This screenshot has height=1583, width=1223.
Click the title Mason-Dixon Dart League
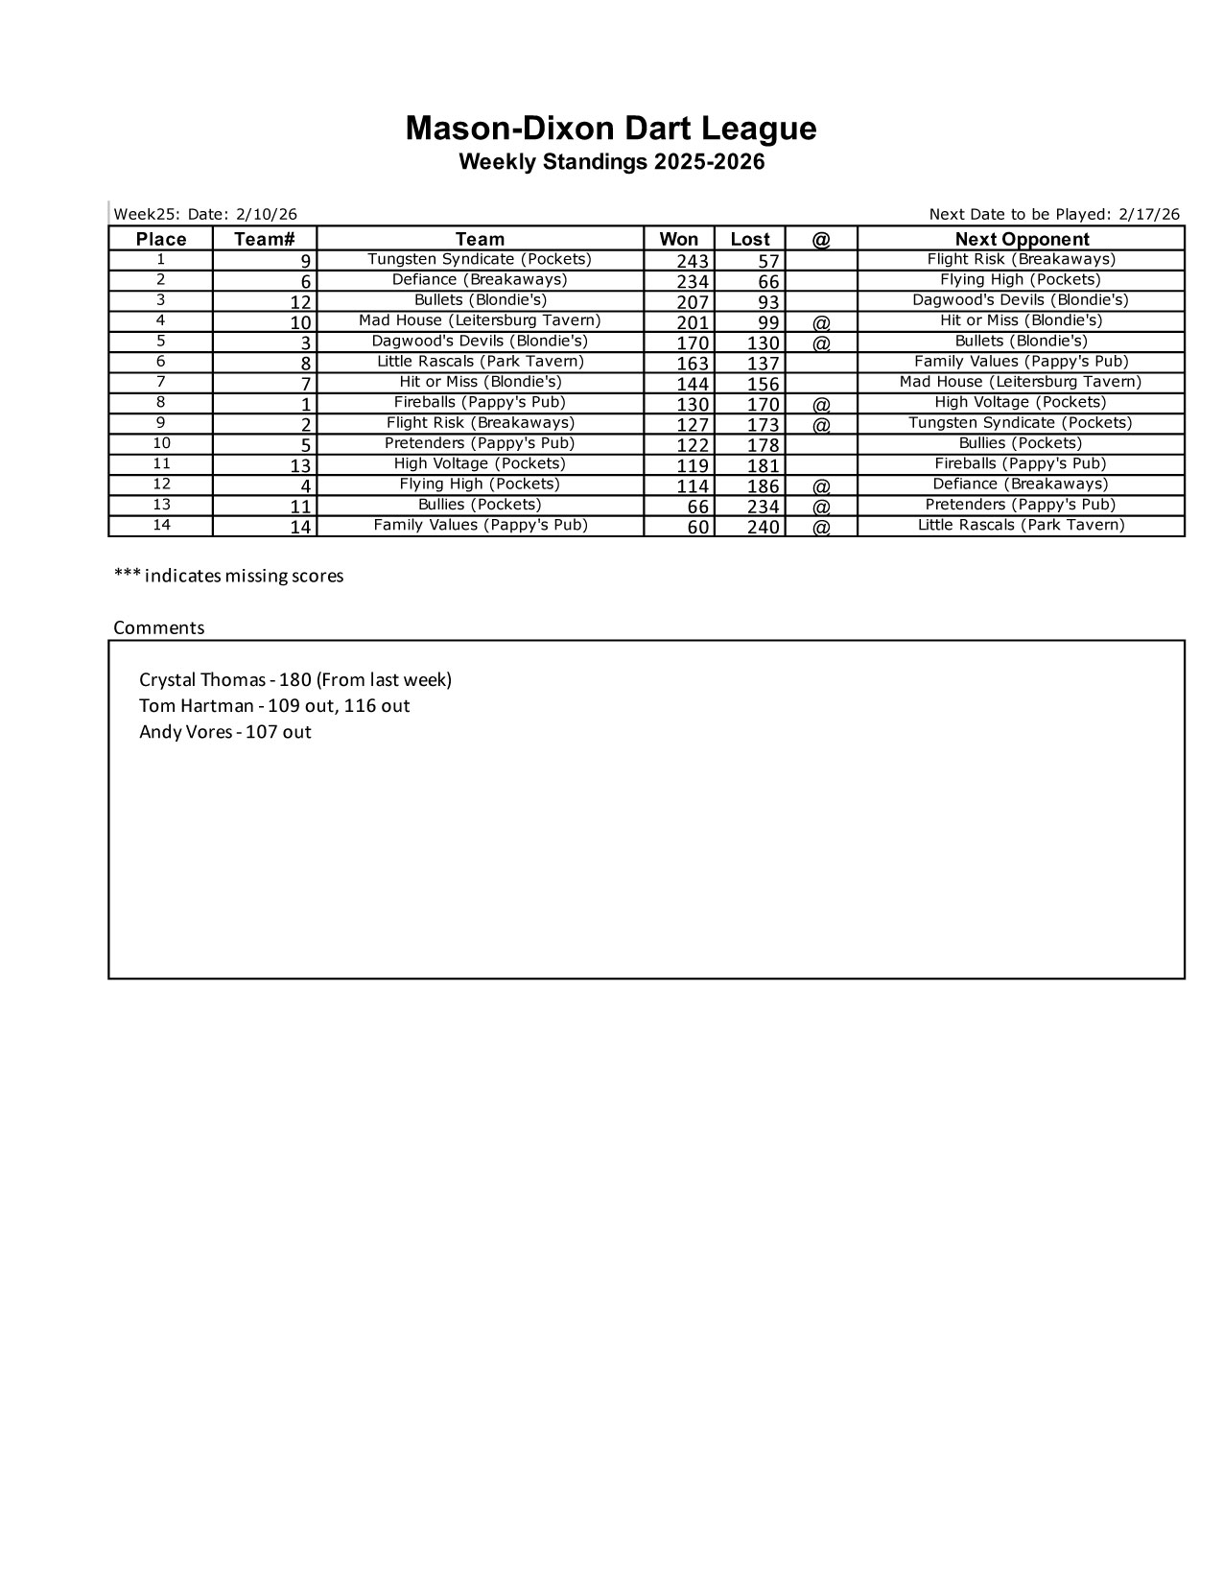coord(611,129)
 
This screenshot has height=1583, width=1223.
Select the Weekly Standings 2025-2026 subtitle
coord(611,162)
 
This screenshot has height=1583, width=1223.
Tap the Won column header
coord(678,239)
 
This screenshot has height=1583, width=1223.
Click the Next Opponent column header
coord(1022,239)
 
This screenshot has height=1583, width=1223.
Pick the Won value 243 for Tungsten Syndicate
coord(693,261)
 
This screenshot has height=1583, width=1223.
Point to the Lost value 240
coord(764,527)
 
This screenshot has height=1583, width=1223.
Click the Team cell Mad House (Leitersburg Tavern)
coord(480,320)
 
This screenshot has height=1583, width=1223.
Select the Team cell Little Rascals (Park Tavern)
coord(480,362)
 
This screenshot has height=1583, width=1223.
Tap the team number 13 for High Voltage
coord(300,465)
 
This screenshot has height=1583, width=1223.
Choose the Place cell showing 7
coord(161,382)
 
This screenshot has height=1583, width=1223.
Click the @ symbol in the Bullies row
coord(821,507)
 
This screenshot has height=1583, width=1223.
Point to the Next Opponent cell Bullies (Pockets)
coord(1021,443)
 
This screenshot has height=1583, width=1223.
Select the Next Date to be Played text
coord(1054,214)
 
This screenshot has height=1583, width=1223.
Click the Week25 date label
coord(205,214)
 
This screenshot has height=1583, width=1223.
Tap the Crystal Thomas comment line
coord(295,680)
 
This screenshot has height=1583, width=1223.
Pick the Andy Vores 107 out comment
coord(225,732)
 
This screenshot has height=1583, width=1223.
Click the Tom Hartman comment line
coord(274,706)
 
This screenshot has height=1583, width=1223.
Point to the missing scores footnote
coord(228,576)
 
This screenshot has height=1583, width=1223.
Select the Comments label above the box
coord(159,627)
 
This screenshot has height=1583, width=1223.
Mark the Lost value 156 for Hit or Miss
coord(764,384)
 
